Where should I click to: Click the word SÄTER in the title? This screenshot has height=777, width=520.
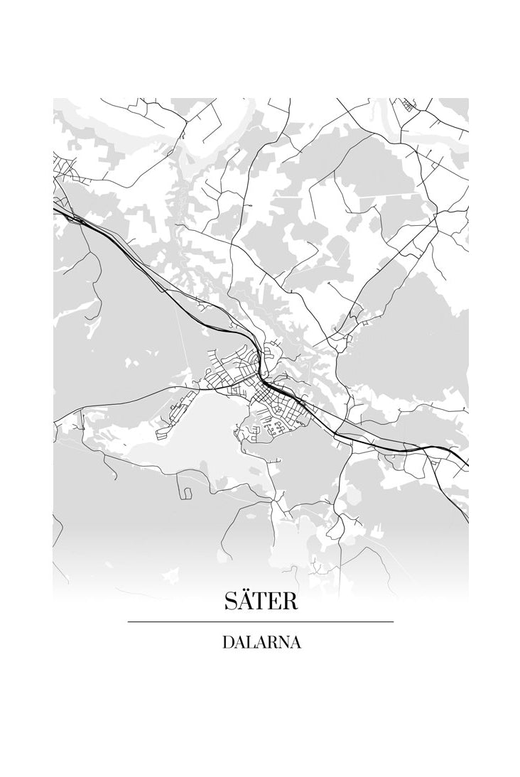[x=261, y=601]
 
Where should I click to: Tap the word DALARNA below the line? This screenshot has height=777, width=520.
[x=261, y=642]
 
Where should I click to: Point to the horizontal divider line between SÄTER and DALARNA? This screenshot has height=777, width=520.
[x=261, y=621]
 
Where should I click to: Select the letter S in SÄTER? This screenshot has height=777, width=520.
[x=232, y=602]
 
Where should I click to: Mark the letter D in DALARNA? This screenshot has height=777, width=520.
[x=228, y=642]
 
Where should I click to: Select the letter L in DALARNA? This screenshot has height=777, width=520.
[x=250, y=642]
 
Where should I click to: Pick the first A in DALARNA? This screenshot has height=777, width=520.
[x=239, y=642]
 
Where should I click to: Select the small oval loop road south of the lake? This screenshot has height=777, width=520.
[x=186, y=491]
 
